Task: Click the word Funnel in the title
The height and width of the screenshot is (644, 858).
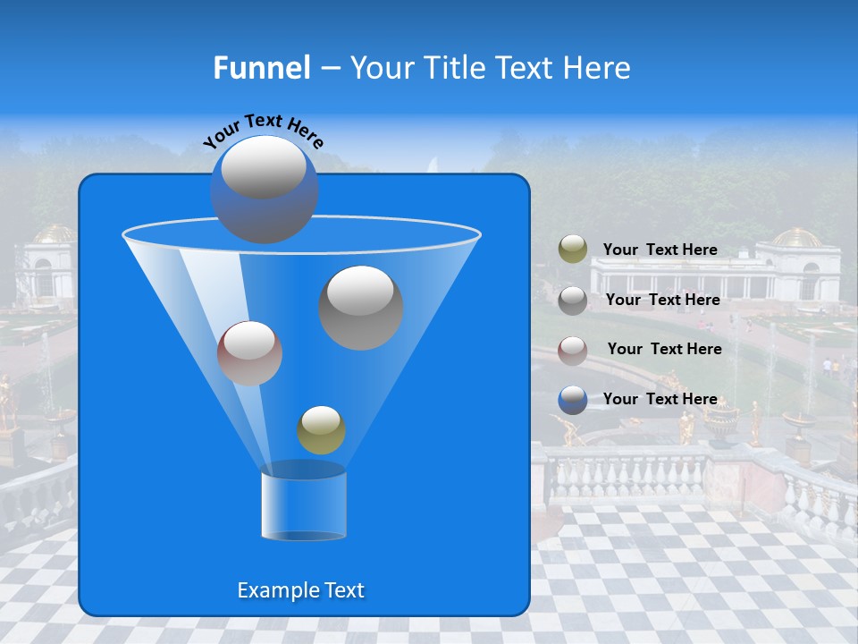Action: point(261,67)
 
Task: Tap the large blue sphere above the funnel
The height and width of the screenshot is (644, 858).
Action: point(264,189)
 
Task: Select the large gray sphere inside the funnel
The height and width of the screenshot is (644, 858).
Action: point(361,307)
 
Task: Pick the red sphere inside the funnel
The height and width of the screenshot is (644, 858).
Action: point(249,353)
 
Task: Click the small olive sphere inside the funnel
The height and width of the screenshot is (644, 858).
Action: point(321,429)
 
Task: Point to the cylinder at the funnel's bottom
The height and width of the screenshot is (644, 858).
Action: point(304,505)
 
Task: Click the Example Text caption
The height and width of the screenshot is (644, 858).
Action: point(300,590)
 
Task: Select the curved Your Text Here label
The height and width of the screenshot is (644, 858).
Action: point(263,130)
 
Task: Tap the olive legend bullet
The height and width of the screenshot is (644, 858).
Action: point(573,250)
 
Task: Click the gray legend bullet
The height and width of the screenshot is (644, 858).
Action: point(573,300)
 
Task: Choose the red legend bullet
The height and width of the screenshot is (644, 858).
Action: point(573,350)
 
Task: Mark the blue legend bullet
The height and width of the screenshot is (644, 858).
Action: point(573,400)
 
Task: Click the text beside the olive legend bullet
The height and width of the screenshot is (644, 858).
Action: point(660,250)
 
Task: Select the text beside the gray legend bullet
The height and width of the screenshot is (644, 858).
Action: point(662,300)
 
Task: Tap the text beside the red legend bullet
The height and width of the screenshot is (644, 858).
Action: point(664,349)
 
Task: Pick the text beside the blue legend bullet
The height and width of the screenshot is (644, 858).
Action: point(660,399)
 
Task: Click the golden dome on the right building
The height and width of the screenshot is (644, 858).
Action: point(796,238)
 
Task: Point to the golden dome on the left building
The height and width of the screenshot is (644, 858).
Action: point(54,233)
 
